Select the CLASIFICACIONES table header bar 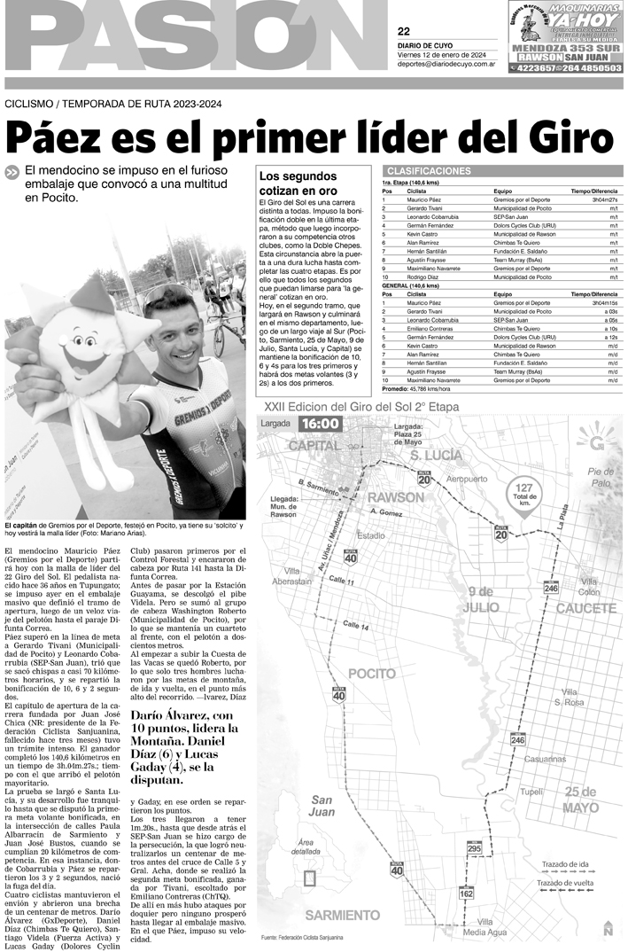pos(500,171)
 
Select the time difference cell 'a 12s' pos(611,337)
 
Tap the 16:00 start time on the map pos(319,424)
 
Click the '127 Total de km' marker pos(524,493)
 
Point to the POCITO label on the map pos(371,674)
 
